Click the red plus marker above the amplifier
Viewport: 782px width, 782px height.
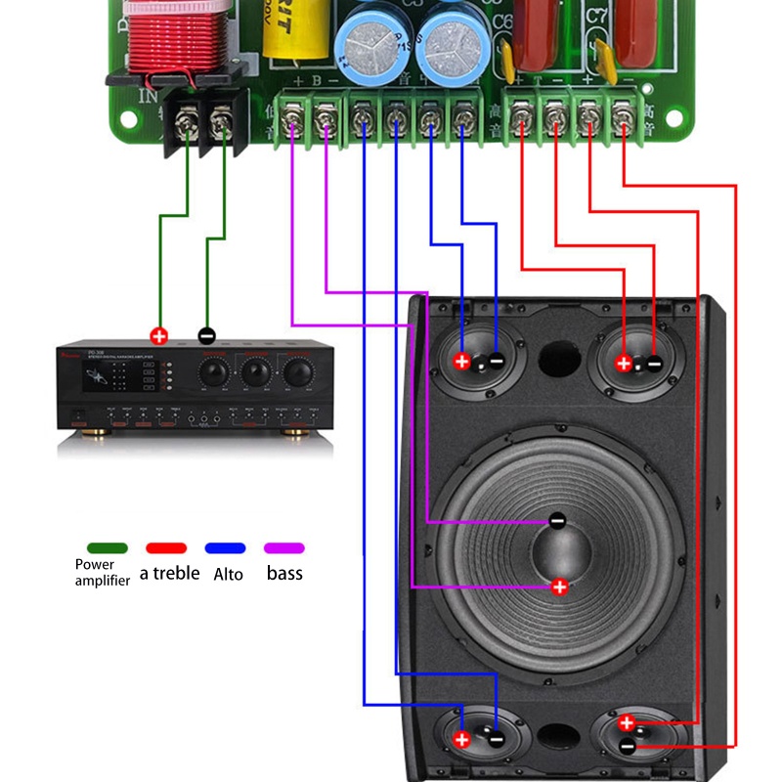coord(159,335)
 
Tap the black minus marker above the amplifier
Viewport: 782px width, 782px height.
coord(206,335)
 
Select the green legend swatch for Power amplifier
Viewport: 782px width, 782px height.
coord(107,548)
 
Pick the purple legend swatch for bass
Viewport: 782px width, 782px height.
coord(284,548)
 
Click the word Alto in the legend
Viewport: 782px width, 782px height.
coord(228,574)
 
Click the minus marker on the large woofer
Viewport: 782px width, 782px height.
coord(557,521)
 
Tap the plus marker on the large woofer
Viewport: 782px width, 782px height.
coord(559,586)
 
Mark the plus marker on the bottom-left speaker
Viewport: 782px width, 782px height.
coord(462,739)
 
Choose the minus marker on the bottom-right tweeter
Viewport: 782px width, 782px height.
coord(627,746)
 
